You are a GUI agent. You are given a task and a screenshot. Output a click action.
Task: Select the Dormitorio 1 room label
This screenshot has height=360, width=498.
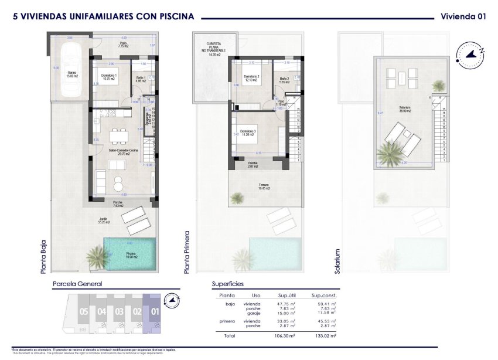[x=108, y=76]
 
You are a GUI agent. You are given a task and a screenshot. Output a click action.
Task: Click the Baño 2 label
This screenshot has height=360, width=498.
[x=284, y=80]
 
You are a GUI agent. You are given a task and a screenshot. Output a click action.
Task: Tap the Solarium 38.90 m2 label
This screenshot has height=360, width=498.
[x=404, y=108]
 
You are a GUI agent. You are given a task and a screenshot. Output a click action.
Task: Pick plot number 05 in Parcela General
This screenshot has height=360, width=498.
[x=84, y=311]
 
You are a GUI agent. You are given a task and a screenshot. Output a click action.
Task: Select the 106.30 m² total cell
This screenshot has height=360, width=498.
[x=284, y=336]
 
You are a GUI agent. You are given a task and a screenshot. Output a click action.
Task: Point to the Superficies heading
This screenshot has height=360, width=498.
[x=228, y=284]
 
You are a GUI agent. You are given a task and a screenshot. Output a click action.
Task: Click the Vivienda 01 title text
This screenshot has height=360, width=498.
[x=463, y=16]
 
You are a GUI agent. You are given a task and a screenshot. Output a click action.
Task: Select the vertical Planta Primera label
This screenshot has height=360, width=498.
[x=187, y=252]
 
